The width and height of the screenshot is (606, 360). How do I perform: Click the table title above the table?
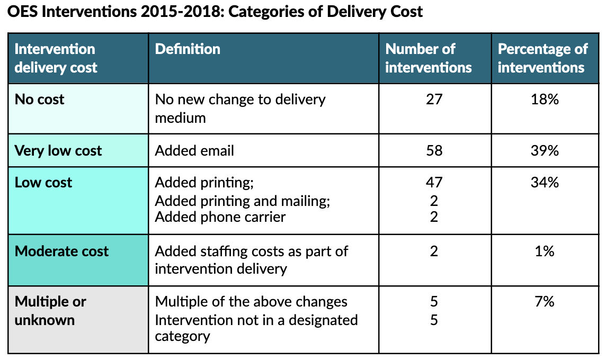(x=215, y=12)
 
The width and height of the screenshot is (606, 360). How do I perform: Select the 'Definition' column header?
(x=188, y=49)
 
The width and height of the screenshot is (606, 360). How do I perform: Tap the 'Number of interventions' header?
(x=428, y=58)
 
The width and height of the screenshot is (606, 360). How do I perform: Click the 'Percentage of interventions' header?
(x=542, y=58)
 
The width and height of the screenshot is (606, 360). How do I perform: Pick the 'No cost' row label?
(x=40, y=100)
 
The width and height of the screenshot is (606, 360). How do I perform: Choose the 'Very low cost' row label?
(x=58, y=151)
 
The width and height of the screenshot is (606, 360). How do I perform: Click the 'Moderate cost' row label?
(x=61, y=251)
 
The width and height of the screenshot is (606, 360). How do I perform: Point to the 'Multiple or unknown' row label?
(x=50, y=311)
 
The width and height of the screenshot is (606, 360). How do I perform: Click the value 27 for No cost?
(x=434, y=100)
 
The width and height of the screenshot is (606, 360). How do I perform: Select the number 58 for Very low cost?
(x=434, y=151)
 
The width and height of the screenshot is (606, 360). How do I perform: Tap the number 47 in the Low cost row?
(x=434, y=183)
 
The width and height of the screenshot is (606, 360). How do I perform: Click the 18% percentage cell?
(x=545, y=100)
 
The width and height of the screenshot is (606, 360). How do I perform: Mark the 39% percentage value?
(x=545, y=151)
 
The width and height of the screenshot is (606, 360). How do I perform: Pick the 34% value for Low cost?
(x=545, y=183)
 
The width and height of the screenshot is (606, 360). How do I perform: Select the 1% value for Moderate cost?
(x=545, y=251)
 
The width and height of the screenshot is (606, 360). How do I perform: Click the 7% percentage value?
(x=545, y=302)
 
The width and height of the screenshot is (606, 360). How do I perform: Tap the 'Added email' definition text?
(x=194, y=151)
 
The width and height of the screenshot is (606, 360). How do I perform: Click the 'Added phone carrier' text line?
(x=220, y=217)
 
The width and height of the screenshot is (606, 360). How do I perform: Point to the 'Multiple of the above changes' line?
(x=251, y=302)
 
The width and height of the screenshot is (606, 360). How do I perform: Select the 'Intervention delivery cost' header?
(x=56, y=58)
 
